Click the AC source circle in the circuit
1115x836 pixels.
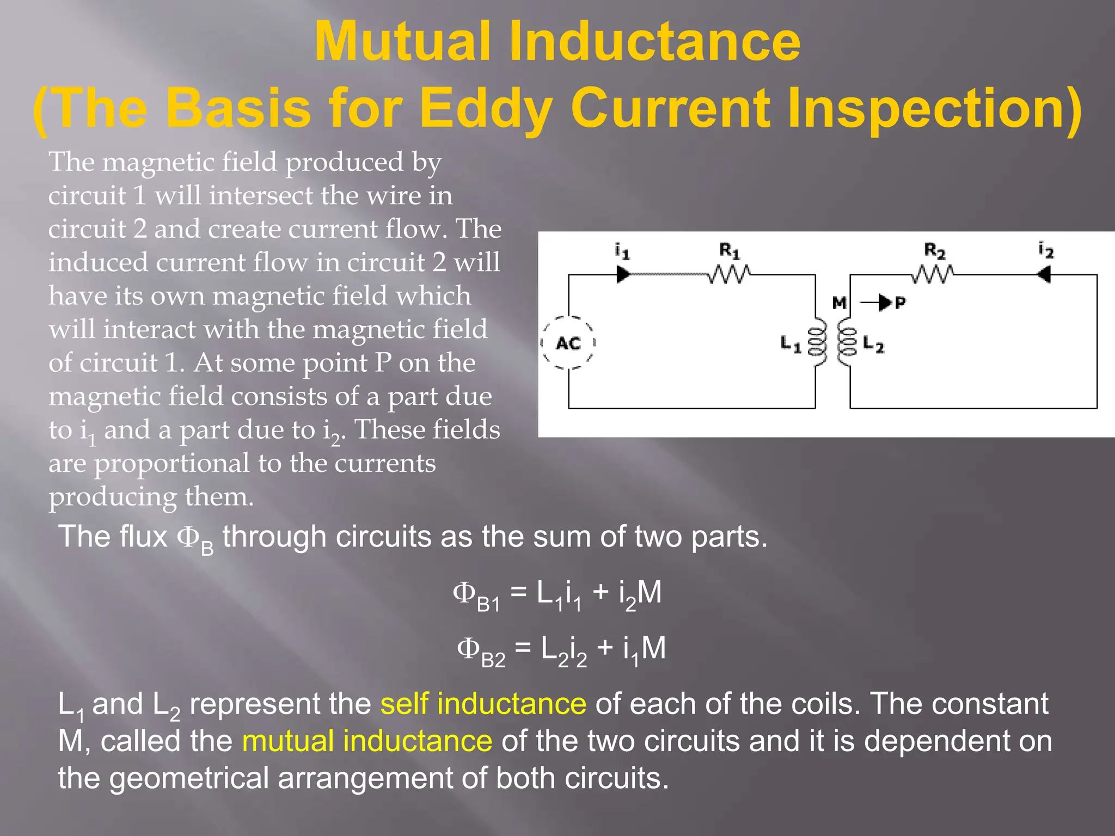click(x=568, y=343)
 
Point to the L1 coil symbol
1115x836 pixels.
click(x=817, y=343)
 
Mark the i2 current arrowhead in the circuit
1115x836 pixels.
click(x=1044, y=274)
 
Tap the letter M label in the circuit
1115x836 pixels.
click(x=840, y=303)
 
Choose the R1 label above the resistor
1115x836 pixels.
click(x=730, y=251)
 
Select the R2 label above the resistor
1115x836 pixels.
click(x=934, y=251)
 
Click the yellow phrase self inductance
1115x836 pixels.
click(x=483, y=704)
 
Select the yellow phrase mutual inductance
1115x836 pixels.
click(x=367, y=741)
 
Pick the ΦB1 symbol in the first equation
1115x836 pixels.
click(x=476, y=594)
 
